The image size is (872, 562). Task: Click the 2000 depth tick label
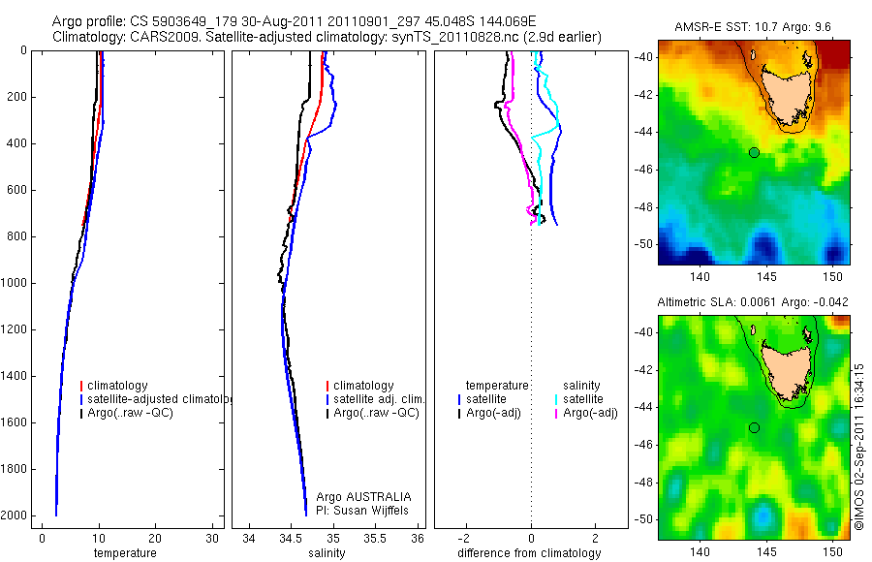pyautogui.click(x=15, y=515)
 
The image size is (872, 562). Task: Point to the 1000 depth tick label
pyautogui.click(x=15, y=283)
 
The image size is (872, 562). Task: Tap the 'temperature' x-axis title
pyautogui.click(x=124, y=553)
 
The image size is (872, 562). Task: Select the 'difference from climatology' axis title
pyautogui.click(x=529, y=553)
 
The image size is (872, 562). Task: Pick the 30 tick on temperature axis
pyautogui.click(x=212, y=538)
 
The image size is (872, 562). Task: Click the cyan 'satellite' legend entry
pyautogui.click(x=582, y=399)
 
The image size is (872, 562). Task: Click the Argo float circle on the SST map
pyautogui.click(x=754, y=152)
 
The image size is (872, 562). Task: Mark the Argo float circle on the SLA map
pyautogui.click(x=754, y=427)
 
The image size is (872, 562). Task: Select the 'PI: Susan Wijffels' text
pyautogui.click(x=364, y=511)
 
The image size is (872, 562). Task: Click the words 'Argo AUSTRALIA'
pyautogui.click(x=364, y=497)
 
